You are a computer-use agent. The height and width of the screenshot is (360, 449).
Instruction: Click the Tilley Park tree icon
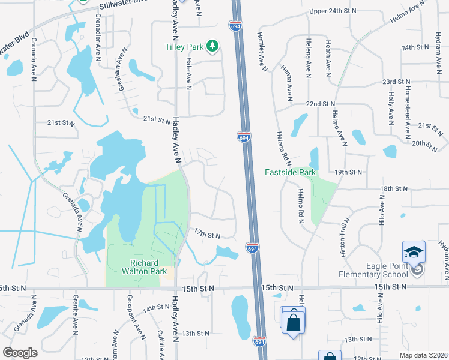[211, 46]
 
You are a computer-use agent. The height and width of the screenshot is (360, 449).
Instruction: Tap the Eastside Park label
[291, 173]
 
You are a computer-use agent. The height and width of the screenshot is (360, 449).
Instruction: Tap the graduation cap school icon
[414, 251]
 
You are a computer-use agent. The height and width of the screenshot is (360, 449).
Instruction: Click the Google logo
[20, 353]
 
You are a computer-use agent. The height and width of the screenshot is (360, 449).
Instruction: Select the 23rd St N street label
[397, 82]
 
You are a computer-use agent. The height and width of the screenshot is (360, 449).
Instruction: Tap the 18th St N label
[393, 188]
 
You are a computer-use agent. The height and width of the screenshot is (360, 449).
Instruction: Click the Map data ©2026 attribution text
[423, 355]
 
